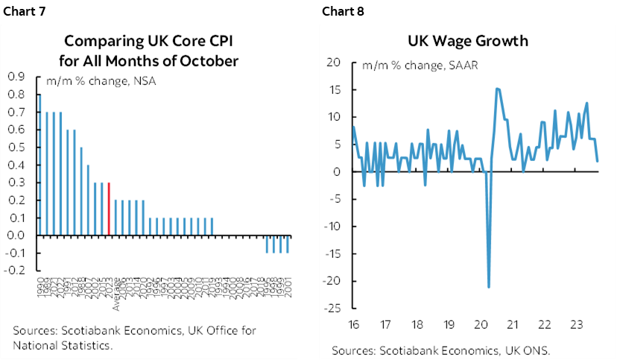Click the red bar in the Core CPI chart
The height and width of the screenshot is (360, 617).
[110, 209]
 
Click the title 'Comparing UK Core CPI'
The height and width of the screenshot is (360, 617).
[151, 41]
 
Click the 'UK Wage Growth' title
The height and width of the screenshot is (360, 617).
[467, 41]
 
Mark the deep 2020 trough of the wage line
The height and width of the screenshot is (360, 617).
[489, 286]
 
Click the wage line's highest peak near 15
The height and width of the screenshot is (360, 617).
[497, 89]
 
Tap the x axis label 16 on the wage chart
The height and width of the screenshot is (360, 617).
[352, 325]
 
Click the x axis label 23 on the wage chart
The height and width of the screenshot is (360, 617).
[577, 325]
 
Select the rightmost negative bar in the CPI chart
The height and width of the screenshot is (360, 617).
[288, 244]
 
